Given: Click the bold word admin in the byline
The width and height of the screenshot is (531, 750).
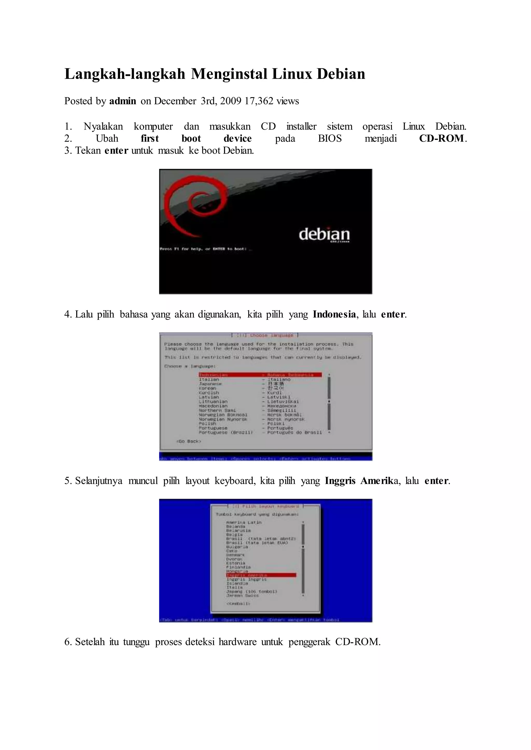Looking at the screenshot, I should pyautogui.click(x=123, y=101).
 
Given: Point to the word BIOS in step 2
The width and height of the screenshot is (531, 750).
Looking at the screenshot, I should pyautogui.click(x=330, y=139).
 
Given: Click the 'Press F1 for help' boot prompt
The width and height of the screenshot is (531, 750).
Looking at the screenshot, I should pyautogui.click(x=206, y=249).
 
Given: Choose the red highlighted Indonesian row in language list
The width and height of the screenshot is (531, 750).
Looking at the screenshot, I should pyautogui.click(x=260, y=375).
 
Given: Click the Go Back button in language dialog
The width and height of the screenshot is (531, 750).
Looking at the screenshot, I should pyautogui.click(x=189, y=441).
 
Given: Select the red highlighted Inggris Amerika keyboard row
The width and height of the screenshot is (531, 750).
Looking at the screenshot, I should pyautogui.click(x=261, y=575).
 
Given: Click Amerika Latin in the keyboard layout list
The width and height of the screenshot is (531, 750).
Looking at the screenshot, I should pyautogui.click(x=244, y=522).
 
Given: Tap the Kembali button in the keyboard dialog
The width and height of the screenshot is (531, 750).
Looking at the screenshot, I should pyautogui.click(x=238, y=604).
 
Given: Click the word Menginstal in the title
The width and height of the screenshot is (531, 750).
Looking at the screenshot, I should pyautogui.click(x=229, y=74).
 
